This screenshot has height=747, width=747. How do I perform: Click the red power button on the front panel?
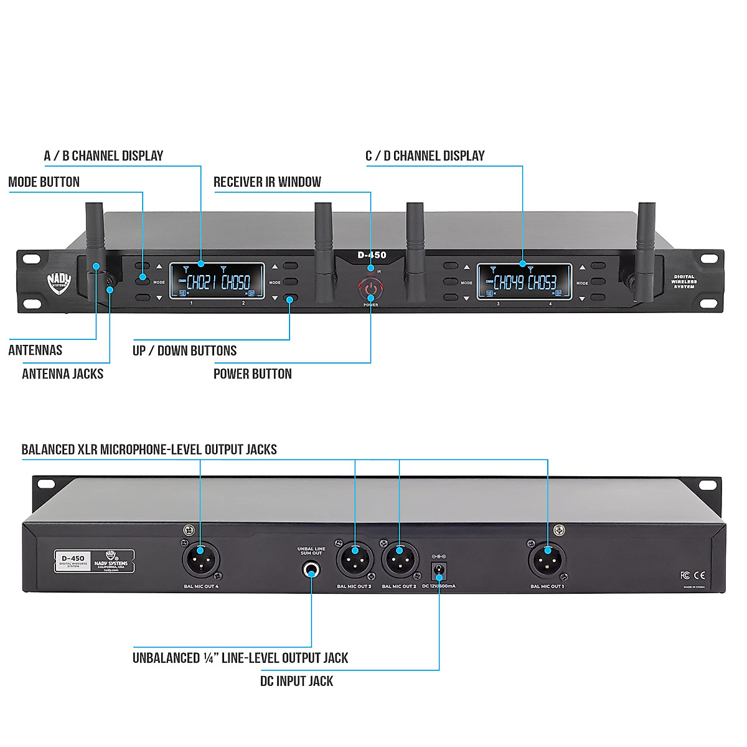(370, 289)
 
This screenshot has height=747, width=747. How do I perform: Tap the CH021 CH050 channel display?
(217, 281)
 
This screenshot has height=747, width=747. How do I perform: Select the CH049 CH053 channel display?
(524, 281)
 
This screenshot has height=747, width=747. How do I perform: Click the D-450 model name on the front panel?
(372, 255)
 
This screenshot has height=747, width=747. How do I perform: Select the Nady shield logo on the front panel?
(59, 283)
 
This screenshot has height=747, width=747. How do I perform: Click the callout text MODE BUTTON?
(44, 182)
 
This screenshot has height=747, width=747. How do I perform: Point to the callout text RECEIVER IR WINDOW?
(267, 182)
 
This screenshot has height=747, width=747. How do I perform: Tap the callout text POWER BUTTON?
(252, 374)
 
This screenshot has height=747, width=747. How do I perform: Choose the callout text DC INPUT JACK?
(296, 681)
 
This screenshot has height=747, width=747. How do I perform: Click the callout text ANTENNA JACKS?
(62, 374)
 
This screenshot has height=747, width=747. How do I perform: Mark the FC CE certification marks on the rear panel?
(693, 575)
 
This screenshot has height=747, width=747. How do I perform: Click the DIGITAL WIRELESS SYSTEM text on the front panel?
(684, 281)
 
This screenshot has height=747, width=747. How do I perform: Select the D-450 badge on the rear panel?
(73, 560)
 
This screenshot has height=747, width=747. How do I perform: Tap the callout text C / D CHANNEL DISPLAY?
(425, 156)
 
